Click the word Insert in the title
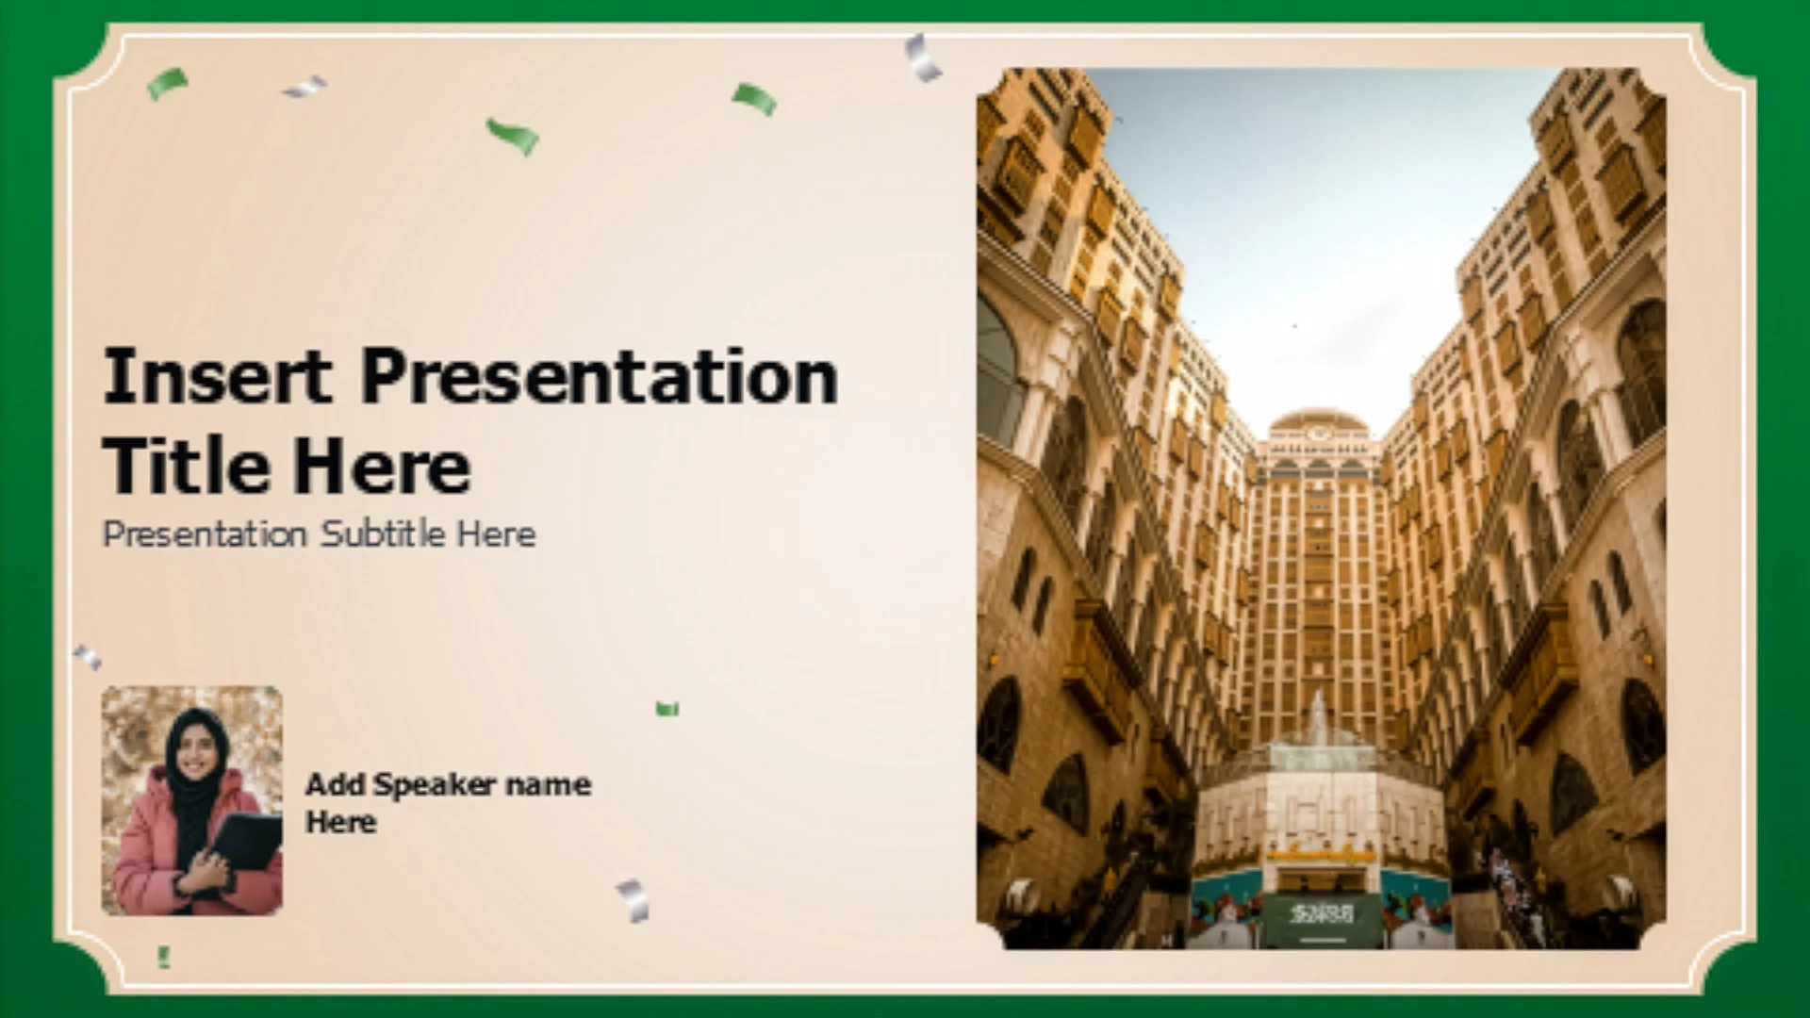(218, 376)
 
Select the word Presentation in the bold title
(600, 376)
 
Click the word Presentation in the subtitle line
(205, 534)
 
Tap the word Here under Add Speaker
(340, 822)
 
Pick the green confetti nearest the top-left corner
(167, 83)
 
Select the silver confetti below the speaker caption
(633, 900)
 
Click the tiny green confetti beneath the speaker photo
(164, 958)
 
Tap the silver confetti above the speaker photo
(87, 656)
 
